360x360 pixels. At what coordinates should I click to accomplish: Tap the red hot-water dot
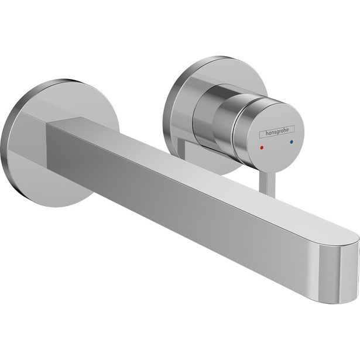(262, 140)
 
